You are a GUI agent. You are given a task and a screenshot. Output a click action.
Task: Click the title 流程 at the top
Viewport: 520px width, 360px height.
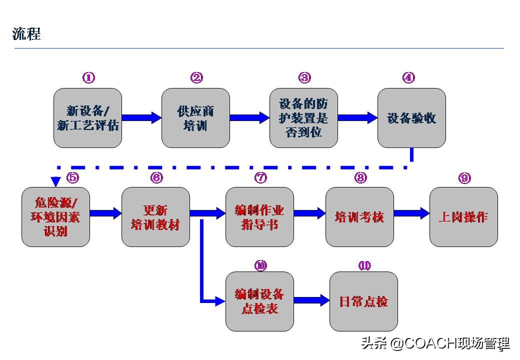tap(26, 34)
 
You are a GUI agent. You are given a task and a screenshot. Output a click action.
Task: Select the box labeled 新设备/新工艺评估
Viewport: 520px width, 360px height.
tap(87, 118)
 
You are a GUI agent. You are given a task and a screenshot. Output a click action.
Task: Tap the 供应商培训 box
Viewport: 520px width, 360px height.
tap(195, 118)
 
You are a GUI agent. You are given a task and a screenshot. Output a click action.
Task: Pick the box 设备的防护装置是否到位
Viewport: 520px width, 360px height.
tap(303, 118)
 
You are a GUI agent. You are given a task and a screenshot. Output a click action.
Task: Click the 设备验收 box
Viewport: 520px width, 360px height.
tap(411, 118)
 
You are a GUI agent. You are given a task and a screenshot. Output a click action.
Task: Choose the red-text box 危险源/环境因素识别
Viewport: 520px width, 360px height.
tap(55, 217)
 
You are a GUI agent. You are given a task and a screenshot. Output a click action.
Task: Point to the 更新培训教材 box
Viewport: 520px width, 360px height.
tap(155, 217)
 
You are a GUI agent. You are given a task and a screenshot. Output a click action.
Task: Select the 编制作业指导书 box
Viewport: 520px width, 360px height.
tap(259, 217)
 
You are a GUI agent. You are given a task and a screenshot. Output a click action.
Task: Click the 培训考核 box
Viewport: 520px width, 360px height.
tap(359, 217)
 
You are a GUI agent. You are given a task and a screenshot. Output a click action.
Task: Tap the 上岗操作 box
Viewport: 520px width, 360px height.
tap(463, 217)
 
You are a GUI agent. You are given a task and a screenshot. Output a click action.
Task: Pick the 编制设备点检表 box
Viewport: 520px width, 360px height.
tap(259, 301)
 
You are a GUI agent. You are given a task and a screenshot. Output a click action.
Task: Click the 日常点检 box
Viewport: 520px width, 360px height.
tap(363, 301)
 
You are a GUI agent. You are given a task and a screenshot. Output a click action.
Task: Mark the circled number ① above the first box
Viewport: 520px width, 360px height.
tap(88, 77)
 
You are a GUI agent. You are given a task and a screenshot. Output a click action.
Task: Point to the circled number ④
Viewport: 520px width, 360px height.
tap(408, 77)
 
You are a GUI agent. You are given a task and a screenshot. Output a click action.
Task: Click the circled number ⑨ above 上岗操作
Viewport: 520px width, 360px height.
tap(464, 177)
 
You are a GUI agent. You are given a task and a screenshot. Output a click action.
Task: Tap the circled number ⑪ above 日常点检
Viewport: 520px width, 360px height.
tap(364, 265)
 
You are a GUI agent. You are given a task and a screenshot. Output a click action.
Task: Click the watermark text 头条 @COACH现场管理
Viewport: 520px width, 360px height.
tap(435, 343)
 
